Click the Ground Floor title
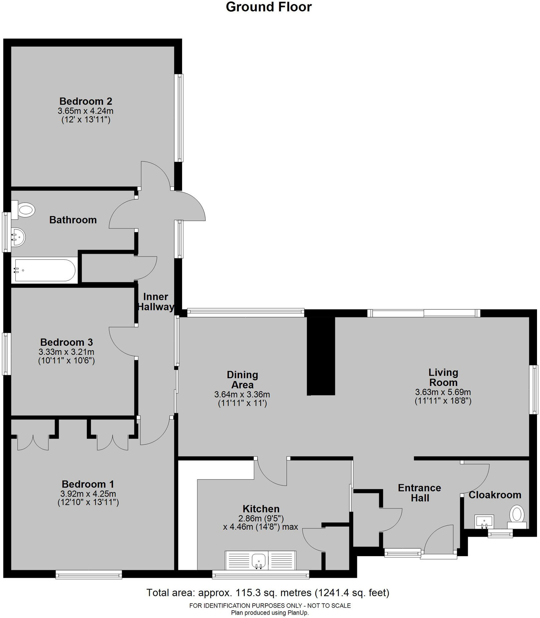click(x=269, y=7)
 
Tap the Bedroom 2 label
click(x=86, y=101)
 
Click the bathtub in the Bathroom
click(x=43, y=270)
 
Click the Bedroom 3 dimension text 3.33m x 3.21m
click(x=66, y=352)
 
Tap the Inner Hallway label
click(x=156, y=302)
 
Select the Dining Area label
click(x=242, y=380)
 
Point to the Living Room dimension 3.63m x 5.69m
click(x=443, y=392)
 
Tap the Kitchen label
click(x=261, y=509)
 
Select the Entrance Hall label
click(x=419, y=493)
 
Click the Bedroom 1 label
click(x=88, y=484)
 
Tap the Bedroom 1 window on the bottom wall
click(x=89, y=575)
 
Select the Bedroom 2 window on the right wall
click(x=179, y=118)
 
